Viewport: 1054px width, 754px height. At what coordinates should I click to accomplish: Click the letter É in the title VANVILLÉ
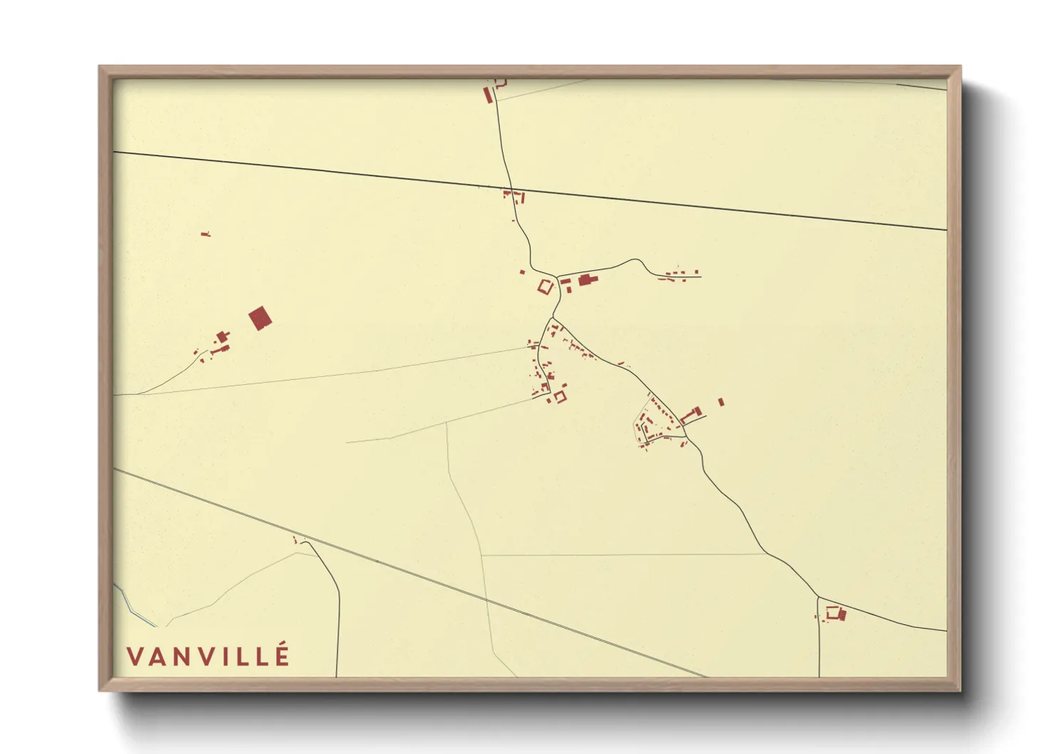click(x=283, y=655)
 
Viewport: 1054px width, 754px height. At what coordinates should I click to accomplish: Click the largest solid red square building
click(x=260, y=319)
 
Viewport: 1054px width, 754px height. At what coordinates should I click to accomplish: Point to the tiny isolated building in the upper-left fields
click(x=206, y=234)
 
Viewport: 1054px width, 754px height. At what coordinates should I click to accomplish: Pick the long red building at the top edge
click(x=489, y=95)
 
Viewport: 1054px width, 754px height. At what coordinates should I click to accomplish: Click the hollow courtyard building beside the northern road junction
click(x=546, y=288)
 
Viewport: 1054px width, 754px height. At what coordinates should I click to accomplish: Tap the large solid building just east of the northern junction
click(x=585, y=280)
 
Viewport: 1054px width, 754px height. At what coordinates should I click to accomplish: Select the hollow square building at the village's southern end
click(x=560, y=396)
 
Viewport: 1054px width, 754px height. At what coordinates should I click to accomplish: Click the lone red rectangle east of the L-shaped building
click(x=721, y=402)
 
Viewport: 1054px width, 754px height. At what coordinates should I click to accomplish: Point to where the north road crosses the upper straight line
click(x=513, y=190)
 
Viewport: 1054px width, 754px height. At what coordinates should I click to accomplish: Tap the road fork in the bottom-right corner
click(x=818, y=597)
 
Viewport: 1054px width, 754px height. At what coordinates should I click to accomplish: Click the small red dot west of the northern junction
click(x=522, y=272)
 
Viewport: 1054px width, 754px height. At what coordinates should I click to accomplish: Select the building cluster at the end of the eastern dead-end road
click(x=680, y=274)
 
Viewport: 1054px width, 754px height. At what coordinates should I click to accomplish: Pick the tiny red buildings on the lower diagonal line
click(x=296, y=539)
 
